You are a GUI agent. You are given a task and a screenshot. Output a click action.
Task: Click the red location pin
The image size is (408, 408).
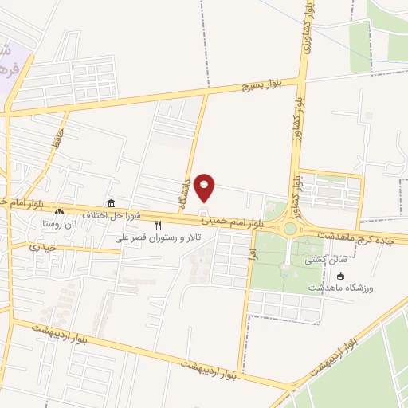tap(206, 188)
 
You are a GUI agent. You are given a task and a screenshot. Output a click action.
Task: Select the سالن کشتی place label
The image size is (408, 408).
tap(322, 261)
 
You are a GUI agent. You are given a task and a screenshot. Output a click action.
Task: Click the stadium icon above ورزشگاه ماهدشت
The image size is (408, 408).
tap(342, 276)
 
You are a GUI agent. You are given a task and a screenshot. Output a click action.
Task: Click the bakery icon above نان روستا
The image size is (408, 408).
tap(60, 212)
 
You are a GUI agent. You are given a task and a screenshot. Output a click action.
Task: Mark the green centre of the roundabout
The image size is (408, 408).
tap(290, 229)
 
